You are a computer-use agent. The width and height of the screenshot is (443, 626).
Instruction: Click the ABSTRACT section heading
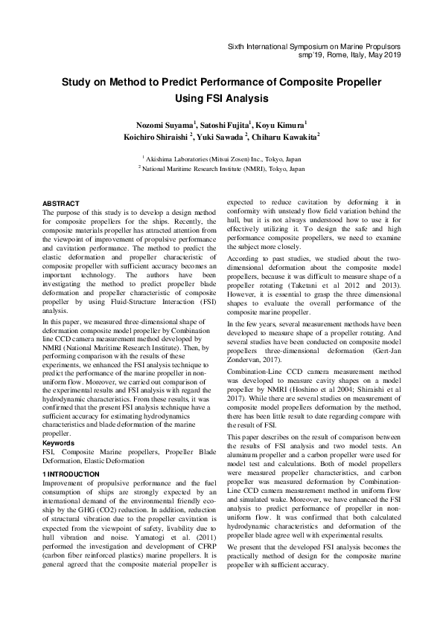(x=60, y=203)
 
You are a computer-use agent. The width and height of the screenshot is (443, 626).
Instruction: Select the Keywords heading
(x=60, y=443)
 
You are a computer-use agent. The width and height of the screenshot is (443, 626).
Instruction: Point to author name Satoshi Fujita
(x=225, y=123)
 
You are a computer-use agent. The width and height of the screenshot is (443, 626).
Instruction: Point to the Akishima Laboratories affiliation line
(x=222, y=158)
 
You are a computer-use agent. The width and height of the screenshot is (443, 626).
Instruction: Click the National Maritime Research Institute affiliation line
(x=222, y=170)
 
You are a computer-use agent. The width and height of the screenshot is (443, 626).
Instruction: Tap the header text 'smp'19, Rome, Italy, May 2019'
(x=348, y=56)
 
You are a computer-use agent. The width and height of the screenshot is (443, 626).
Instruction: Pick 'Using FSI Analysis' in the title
(x=221, y=97)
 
